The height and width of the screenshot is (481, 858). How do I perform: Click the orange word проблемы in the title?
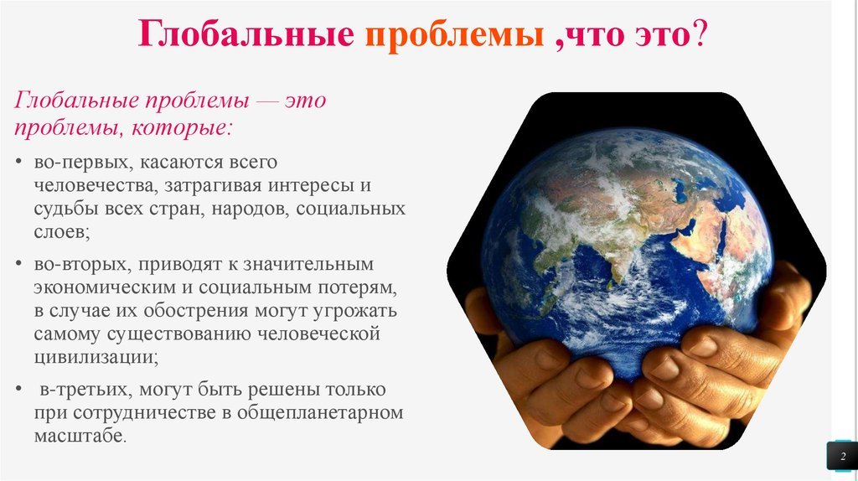[x=454, y=34]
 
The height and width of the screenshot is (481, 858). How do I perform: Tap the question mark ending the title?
[x=700, y=33]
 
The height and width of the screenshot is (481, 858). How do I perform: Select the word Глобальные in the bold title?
[x=246, y=33]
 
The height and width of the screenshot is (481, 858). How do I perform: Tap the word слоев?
[x=61, y=232]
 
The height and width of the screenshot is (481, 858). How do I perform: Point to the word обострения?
[x=196, y=311]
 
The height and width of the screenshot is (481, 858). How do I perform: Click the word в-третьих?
[x=86, y=390]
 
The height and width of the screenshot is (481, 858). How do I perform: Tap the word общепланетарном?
[x=320, y=412]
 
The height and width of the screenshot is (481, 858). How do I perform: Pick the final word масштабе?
[x=80, y=436]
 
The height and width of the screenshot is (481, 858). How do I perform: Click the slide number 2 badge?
[x=842, y=456]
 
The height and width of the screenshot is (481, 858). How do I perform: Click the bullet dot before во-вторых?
[x=19, y=264]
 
